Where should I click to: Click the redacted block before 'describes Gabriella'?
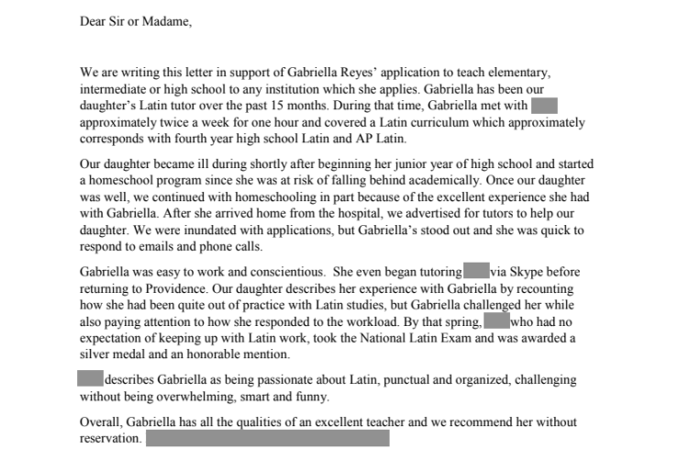[x=90, y=378]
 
